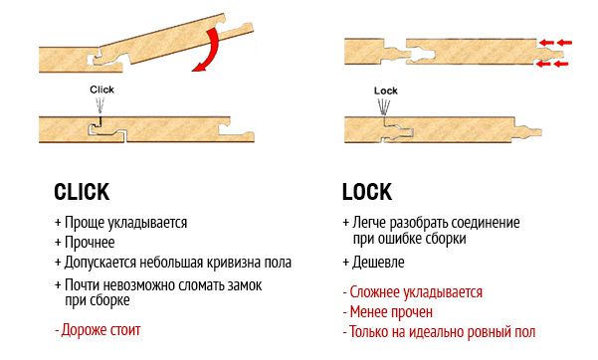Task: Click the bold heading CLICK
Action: click(82, 192)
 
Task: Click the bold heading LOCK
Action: click(367, 192)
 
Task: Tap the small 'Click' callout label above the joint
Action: click(101, 90)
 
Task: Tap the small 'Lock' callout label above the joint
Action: click(386, 90)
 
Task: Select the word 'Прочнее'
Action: click(90, 243)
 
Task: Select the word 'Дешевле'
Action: click(378, 263)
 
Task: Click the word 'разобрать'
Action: click(415, 223)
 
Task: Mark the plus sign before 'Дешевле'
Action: click(346, 263)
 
